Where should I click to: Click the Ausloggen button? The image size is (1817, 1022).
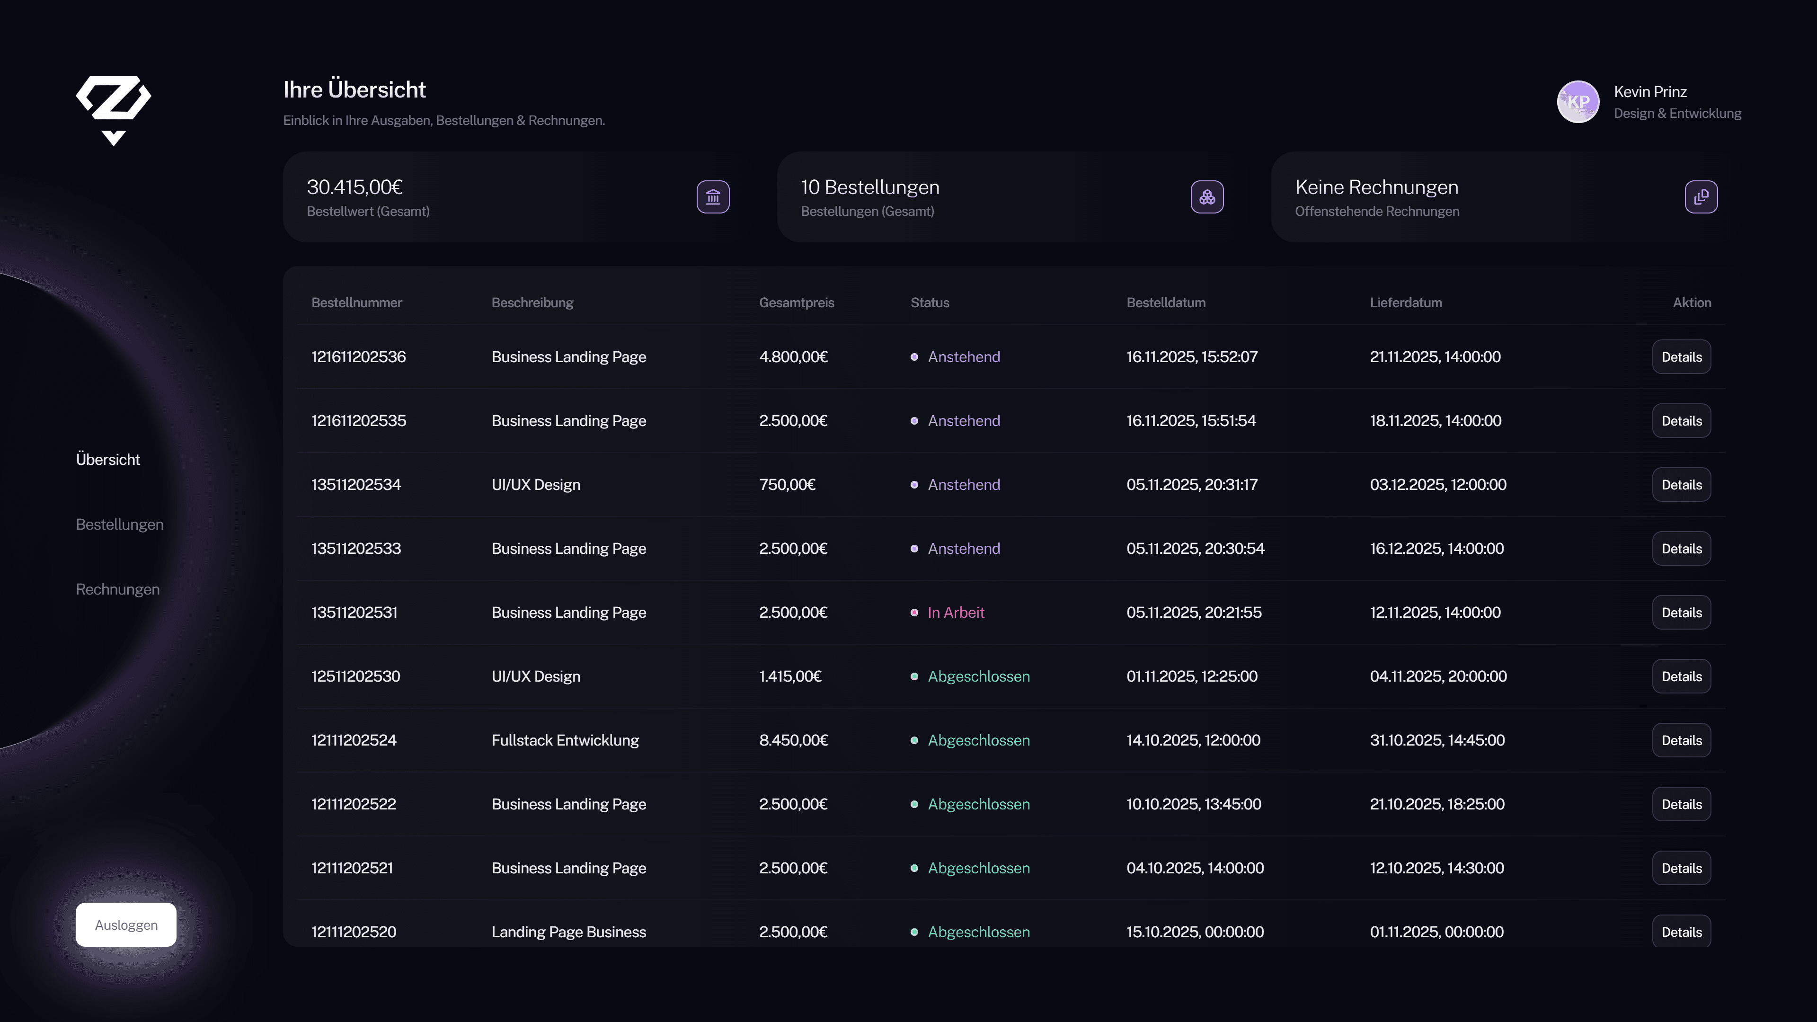pos(125,924)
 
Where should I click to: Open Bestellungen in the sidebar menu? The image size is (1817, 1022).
pos(119,524)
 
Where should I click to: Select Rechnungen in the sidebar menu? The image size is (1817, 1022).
pos(117,589)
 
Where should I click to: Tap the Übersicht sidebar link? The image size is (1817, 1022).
pos(108,459)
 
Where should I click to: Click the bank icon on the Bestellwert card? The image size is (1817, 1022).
pos(712,197)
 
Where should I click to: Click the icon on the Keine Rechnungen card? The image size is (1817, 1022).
pos(1700,197)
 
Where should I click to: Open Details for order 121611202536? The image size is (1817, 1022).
pos(1681,357)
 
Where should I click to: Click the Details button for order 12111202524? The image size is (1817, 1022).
pos(1681,740)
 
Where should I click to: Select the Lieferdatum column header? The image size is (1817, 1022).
pos(1405,302)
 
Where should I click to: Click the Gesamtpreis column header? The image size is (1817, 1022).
pos(796,302)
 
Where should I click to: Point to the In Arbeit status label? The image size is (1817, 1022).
pos(955,612)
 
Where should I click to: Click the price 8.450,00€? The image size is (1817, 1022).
pos(793,740)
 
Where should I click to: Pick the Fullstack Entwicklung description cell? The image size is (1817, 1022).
pos(564,740)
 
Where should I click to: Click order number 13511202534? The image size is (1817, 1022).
pos(355,485)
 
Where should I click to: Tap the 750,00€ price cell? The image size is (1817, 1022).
pos(787,485)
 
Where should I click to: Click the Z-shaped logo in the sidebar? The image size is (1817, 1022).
pos(113,109)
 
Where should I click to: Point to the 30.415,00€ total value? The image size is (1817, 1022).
pos(354,187)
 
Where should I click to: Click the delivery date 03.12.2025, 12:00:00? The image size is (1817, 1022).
pos(1437,485)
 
